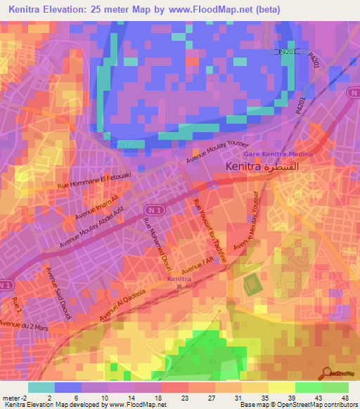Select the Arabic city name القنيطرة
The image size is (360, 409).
[287, 167]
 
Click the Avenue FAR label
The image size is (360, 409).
[196, 269]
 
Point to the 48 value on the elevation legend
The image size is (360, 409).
[345, 396]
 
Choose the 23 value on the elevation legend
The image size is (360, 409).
[173, 396]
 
